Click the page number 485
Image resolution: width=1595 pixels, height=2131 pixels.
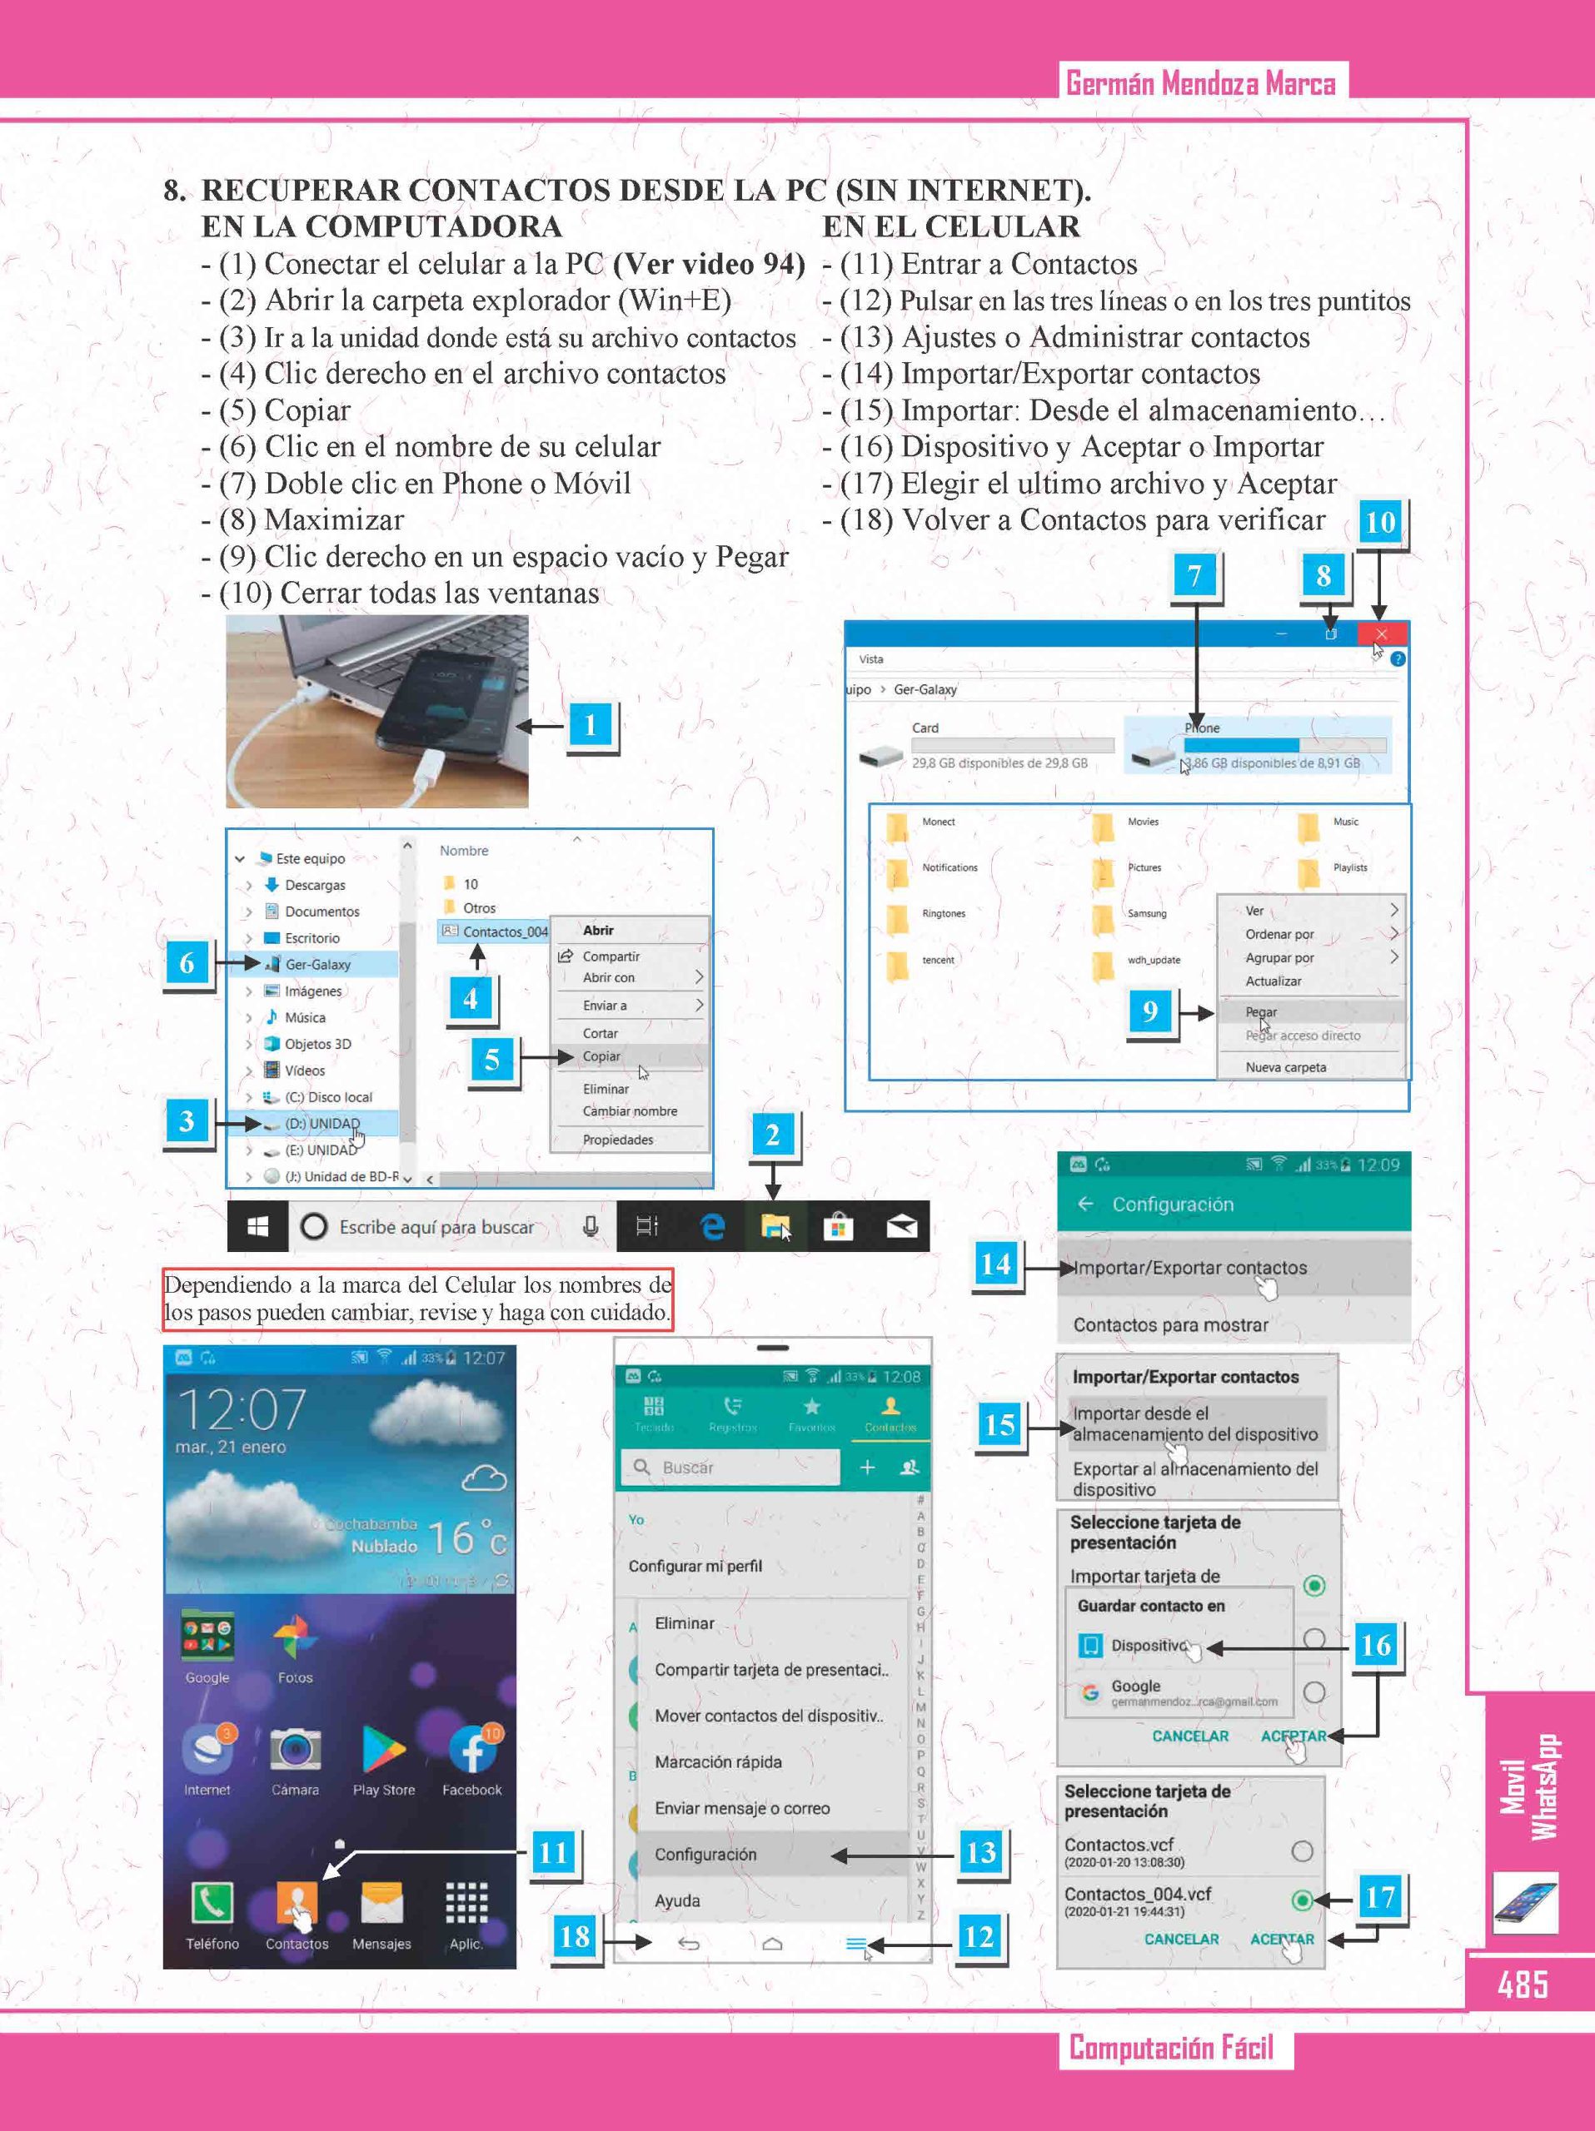(1523, 1984)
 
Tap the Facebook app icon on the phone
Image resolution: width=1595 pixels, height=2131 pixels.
(472, 1750)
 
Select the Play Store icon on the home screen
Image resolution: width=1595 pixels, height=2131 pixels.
(384, 1750)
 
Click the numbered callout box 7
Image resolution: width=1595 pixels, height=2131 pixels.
(1195, 576)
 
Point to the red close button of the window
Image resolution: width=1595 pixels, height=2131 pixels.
(1382, 634)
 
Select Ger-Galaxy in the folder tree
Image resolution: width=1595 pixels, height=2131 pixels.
(317, 964)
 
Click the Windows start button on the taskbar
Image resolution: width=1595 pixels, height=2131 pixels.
(257, 1226)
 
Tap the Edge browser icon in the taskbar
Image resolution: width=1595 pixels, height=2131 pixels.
(712, 1226)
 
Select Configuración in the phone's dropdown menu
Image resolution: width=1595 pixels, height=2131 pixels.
(705, 1855)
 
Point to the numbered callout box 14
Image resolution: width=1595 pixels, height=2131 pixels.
(995, 1264)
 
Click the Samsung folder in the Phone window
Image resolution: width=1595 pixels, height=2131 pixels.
(1104, 914)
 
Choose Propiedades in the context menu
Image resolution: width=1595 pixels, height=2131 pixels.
(618, 1140)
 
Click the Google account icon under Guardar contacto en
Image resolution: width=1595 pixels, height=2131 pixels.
(1090, 1692)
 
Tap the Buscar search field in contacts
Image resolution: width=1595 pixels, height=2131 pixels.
(732, 1468)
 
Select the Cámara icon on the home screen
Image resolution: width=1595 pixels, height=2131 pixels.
(295, 1750)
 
